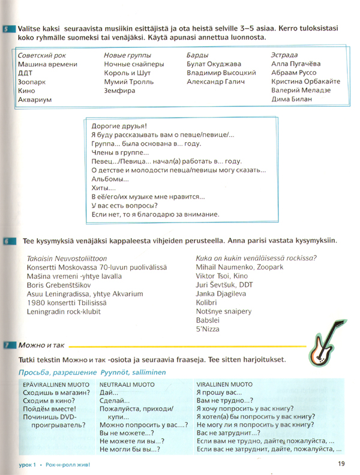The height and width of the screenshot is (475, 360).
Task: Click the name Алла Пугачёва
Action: click(296, 64)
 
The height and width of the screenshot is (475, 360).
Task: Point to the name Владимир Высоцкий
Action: click(222, 73)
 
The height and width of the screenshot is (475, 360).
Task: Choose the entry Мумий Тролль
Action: click(129, 82)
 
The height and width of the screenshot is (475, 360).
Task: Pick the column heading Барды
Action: click(199, 55)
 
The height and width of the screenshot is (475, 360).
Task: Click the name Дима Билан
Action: click(292, 100)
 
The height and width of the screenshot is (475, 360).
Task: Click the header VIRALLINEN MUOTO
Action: click(224, 383)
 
